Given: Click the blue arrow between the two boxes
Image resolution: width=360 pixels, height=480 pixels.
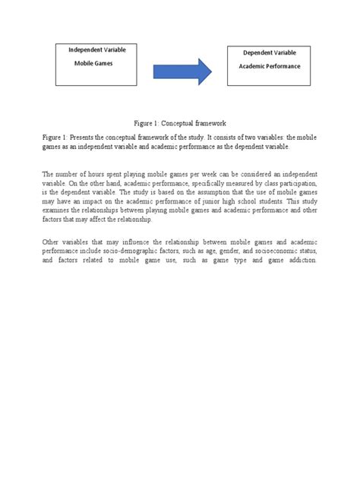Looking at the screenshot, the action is click(x=183, y=71).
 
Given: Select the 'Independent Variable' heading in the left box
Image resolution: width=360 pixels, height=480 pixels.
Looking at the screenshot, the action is click(x=97, y=49).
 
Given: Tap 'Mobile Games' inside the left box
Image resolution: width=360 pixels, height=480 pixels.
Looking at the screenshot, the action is click(x=93, y=65).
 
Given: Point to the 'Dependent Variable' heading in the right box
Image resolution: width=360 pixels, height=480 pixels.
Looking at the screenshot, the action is click(x=270, y=53).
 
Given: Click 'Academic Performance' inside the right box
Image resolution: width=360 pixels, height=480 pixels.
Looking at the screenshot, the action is click(x=271, y=67).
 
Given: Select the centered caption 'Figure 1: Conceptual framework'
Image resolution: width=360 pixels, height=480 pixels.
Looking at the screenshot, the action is click(x=180, y=122).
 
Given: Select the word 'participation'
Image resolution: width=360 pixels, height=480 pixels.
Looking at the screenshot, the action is click(x=289, y=184).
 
